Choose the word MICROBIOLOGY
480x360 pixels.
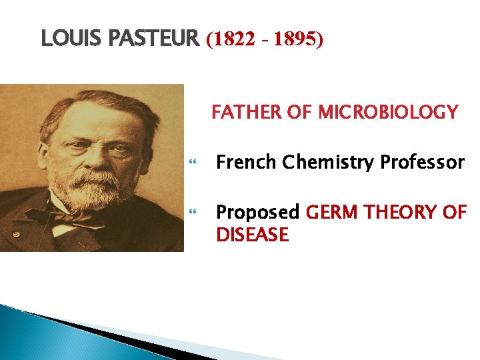click(x=388, y=112)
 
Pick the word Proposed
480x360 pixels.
click(x=258, y=213)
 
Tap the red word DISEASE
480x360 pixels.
click(x=252, y=235)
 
